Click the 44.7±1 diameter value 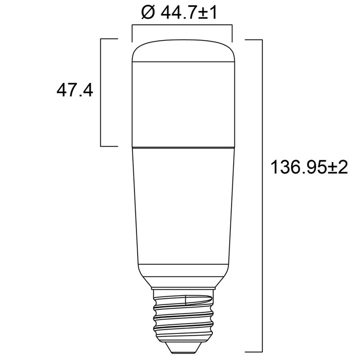click(x=189, y=13)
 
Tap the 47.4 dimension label click(x=75, y=90)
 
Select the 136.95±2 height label click(x=309, y=167)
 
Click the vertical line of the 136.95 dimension click(x=262, y=196)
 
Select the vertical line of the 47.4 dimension click(x=101, y=93)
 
